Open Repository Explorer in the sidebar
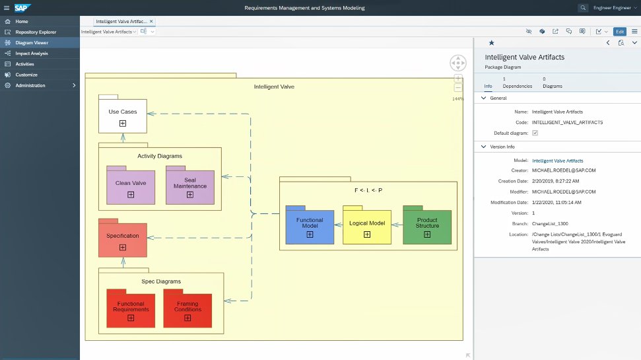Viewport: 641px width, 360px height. (x=36, y=32)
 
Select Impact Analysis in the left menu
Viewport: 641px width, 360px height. (x=32, y=53)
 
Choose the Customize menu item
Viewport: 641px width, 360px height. (x=26, y=75)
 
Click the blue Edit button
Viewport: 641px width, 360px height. (x=619, y=31)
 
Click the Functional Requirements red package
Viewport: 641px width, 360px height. (x=131, y=310)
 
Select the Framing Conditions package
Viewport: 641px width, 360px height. (x=188, y=310)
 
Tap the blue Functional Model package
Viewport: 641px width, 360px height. (x=310, y=227)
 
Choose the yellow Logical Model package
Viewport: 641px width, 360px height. (x=366, y=227)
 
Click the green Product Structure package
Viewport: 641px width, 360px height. (x=427, y=227)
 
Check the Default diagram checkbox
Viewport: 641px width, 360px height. (x=535, y=133)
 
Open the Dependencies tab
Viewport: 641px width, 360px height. (x=517, y=83)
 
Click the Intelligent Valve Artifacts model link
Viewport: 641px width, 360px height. (x=557, y=161)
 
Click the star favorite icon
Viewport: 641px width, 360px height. (x=491, y=42)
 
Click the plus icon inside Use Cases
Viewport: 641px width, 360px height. (x=123, y=124)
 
